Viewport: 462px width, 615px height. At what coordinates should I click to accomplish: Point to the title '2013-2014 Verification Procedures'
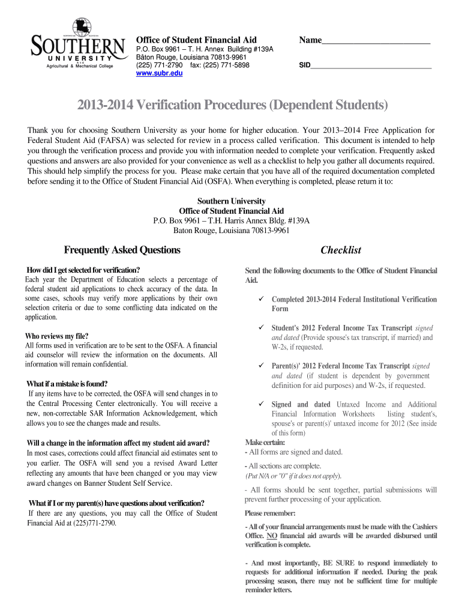tap(232, 106)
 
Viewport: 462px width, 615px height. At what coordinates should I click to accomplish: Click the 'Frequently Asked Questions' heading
tap(122, 250)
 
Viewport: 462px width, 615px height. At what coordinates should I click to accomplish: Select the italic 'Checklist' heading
tap(341, 250)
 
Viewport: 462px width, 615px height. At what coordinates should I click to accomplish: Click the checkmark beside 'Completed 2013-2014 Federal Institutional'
tap(261, 298)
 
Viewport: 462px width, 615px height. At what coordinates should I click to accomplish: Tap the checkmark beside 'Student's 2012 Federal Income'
tap(261, 328)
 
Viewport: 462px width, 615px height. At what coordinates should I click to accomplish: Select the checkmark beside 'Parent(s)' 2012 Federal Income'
tap(261, 365)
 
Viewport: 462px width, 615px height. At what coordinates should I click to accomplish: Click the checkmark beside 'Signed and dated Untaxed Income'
tap(261, 404)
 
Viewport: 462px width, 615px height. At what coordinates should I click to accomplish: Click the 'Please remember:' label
tap(270, 514)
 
